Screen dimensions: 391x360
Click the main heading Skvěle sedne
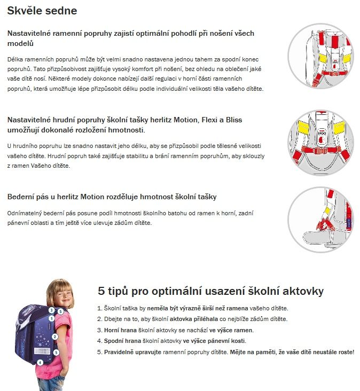(42, 10)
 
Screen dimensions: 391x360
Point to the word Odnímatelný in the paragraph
(27, 213)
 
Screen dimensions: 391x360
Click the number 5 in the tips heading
(102, 291)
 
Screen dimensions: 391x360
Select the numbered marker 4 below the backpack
(40, 362)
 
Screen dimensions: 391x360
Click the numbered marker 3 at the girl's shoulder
(51, 310)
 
